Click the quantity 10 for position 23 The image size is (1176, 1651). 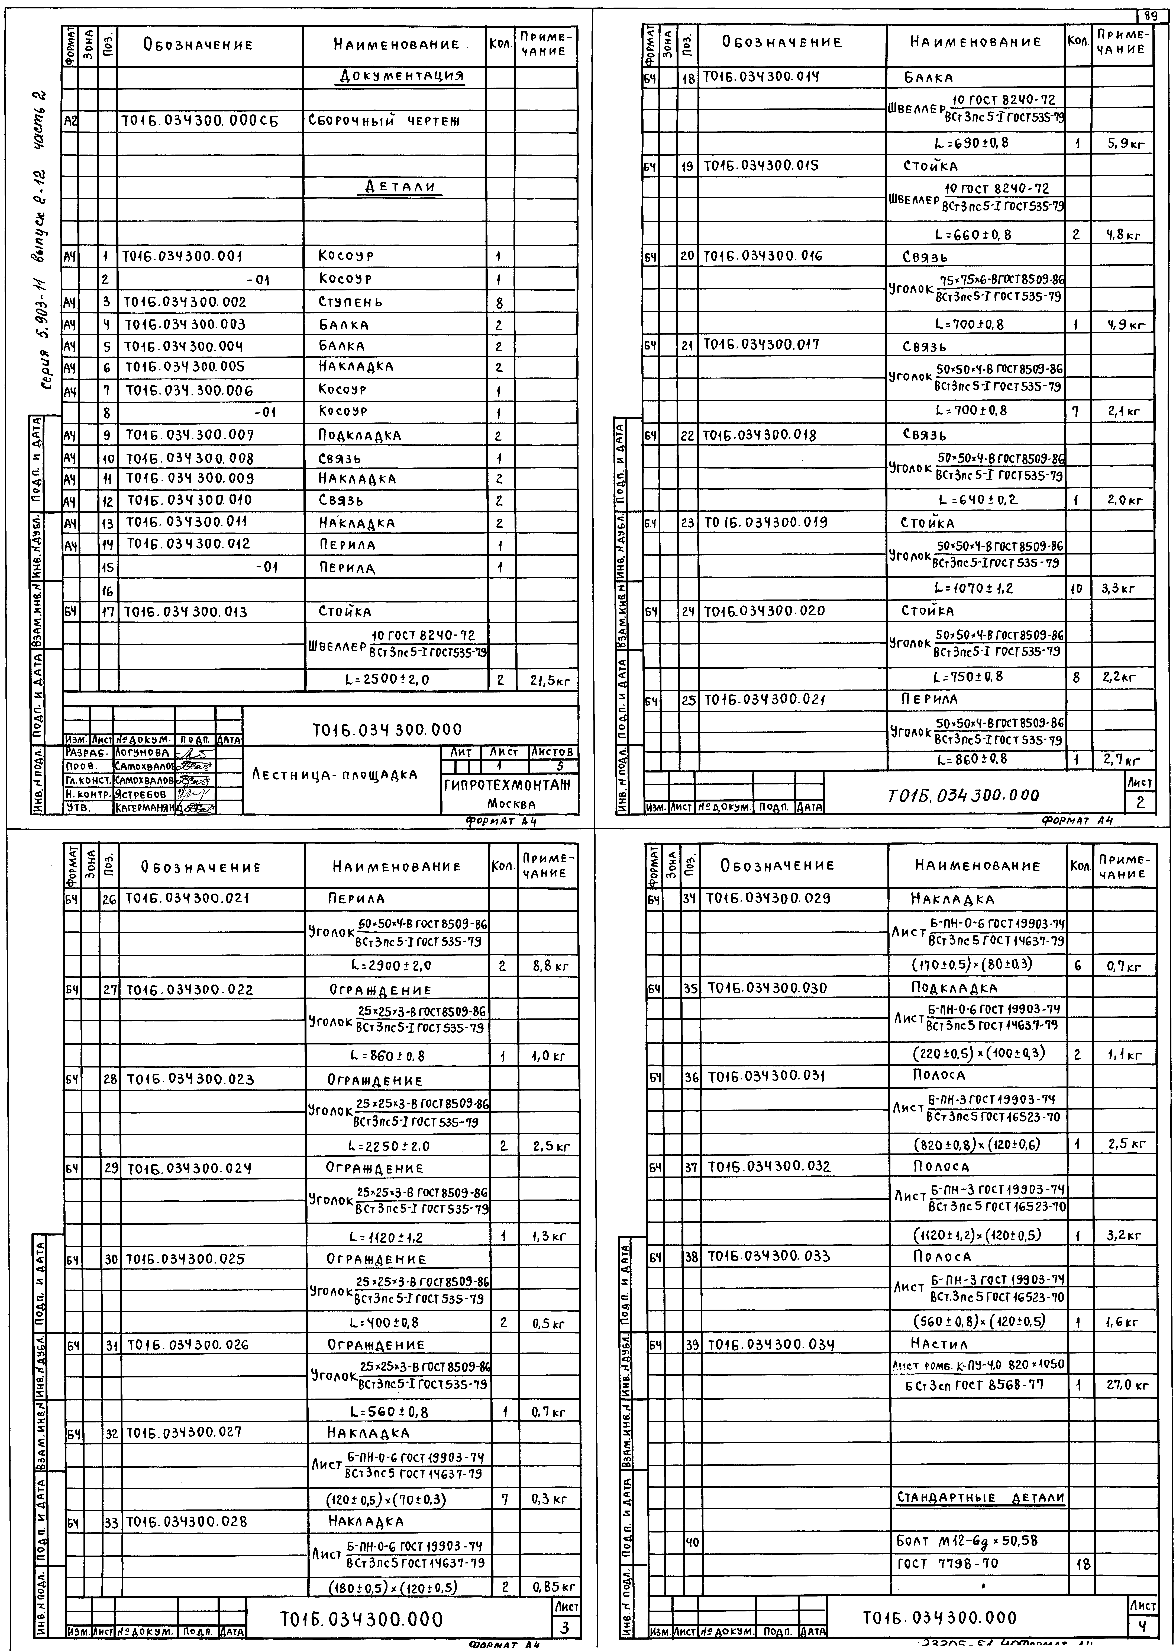[x=1076, y=589]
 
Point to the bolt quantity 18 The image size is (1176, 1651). [x=1083, y=1564]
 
